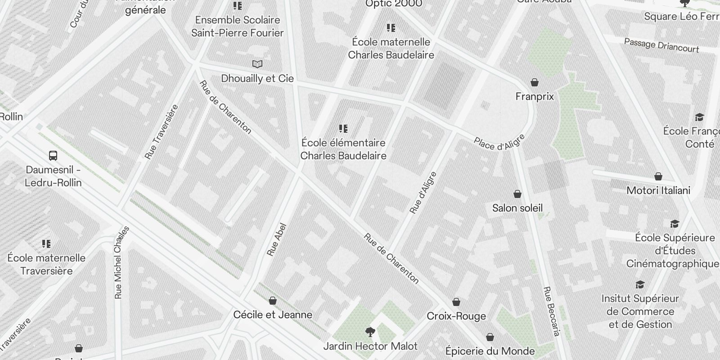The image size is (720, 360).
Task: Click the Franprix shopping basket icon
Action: (x=535, y=82)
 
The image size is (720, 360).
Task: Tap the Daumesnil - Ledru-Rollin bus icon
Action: (x=53, y=156)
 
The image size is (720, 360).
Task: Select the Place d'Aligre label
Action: (x=499, y=142)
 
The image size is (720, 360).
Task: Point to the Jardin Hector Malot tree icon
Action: (x=370, y=333)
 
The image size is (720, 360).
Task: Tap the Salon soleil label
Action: (x=517, y=208)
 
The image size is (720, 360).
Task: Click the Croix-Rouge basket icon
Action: (x=456, y=302)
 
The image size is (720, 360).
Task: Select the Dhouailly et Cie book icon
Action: (x=257, y=64)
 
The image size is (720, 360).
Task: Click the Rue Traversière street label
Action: (x=161, y=131)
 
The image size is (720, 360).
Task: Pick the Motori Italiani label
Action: (x=658, y=190)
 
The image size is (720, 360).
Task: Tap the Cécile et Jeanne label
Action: (x=273, y=315)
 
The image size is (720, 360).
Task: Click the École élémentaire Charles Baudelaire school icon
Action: (x=343, y=129)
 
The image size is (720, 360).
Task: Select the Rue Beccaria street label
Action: (x=552, y=311)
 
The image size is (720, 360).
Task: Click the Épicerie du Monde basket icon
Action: (x=490, y=337)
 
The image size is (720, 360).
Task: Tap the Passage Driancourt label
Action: (x=661, y=45)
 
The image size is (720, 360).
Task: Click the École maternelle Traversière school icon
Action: (x=46, y=244)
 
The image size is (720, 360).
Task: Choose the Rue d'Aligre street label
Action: (x=423, y=193)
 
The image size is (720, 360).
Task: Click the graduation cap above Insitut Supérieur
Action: (x=640, y=285)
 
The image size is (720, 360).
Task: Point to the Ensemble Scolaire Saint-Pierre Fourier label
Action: (x=238, y=26)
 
